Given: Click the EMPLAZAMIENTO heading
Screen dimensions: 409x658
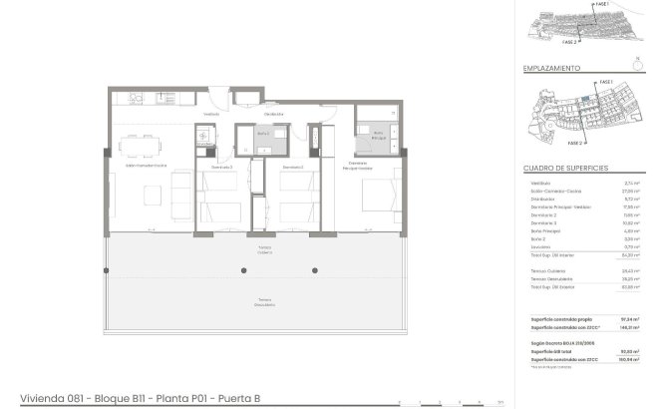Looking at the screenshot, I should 551,69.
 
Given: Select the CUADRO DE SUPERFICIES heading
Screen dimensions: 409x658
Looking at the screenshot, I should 565,170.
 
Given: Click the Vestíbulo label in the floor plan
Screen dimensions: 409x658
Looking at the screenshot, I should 211,114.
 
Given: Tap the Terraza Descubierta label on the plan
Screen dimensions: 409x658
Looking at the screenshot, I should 264,300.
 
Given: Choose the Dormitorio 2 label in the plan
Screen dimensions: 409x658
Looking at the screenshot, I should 291,168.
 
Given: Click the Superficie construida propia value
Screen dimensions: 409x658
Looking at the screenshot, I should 629,319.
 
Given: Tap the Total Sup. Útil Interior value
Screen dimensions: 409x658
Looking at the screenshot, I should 629,255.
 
